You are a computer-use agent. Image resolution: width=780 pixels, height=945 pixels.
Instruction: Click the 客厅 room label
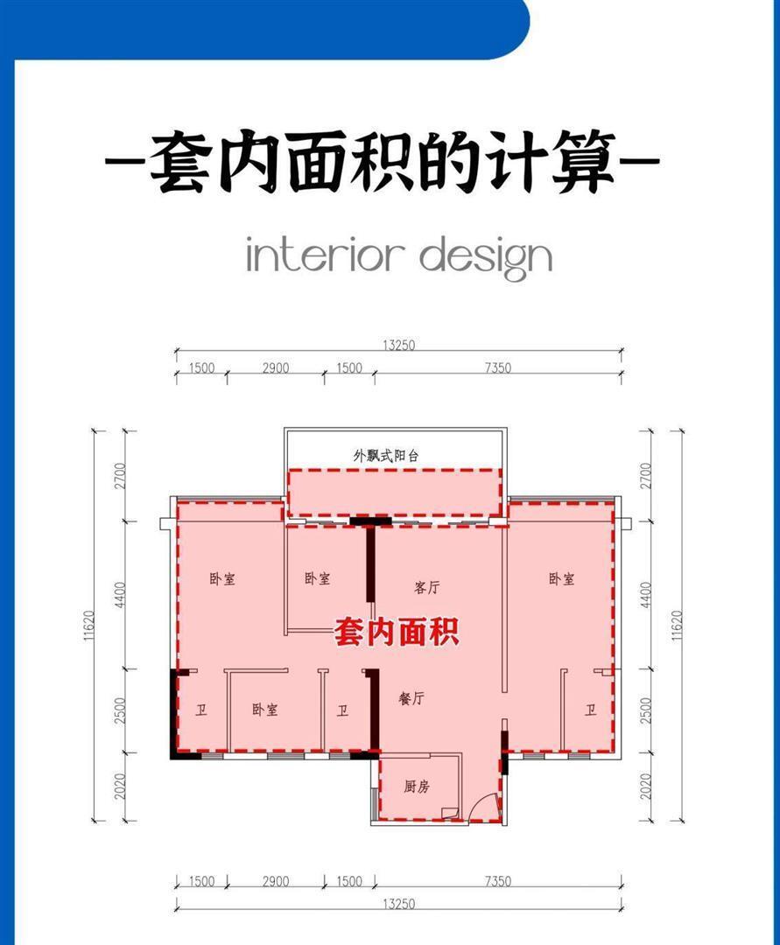(x=427, y=587)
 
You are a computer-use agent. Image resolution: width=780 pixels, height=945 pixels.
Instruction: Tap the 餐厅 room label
(x=411, y=698)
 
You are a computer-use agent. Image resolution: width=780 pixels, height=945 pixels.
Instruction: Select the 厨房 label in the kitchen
(x=417, y=787)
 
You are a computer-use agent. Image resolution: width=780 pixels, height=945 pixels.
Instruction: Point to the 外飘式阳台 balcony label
(x=386, y=456)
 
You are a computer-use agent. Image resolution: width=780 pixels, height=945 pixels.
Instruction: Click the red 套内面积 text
(x=397, y=633)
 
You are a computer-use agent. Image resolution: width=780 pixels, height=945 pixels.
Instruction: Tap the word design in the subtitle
(x=486, y=258)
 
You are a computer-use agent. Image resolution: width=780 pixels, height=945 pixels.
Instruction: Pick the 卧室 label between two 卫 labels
(x=264, y=710)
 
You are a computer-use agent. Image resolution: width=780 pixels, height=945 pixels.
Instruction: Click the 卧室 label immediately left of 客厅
(x=317, y=578)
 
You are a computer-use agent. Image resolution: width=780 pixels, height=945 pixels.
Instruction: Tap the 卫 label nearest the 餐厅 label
(x=342, y=710)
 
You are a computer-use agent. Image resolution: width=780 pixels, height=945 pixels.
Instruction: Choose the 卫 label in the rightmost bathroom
(x=590, y=710)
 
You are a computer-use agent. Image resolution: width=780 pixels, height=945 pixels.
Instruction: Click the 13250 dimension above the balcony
(x=398, y=346)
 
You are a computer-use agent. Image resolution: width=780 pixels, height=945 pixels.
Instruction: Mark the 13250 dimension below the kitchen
(x=398, y=904)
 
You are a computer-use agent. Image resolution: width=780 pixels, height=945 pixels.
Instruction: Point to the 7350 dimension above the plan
(x=498, y=367)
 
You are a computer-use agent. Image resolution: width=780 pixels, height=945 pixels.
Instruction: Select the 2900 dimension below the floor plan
(x=276, y=881)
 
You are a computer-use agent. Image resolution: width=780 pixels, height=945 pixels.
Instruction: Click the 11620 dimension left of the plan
(x=89, y=626)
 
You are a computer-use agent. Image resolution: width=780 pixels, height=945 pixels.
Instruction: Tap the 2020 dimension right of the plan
(x=646, y=787)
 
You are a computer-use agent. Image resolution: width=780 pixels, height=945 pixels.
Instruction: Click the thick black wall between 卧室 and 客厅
(x=371, y=563)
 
